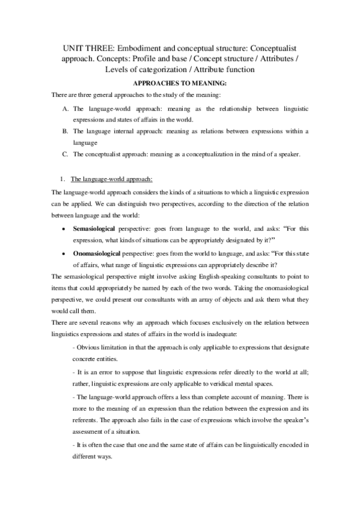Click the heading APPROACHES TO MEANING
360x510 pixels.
click(180, 83)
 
